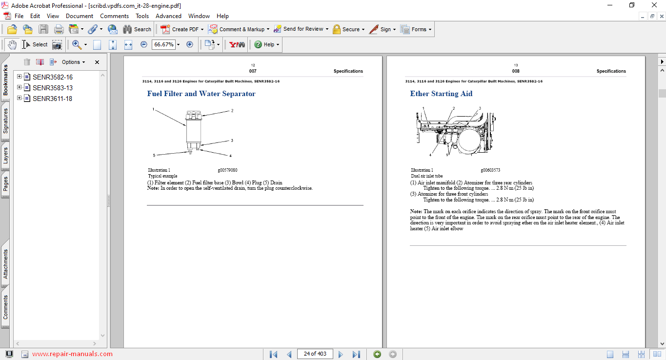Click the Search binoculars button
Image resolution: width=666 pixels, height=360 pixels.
[137, 29]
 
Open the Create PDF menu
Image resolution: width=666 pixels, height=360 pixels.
[182, 29]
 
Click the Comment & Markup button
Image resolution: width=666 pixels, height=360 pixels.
[239, 29]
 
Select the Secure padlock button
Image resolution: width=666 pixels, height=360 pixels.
[348, 29]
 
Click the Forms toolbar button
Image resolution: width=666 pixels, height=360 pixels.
[416, 29]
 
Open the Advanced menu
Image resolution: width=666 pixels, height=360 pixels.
[168, 16]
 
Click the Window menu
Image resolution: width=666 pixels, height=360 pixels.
[199, 16]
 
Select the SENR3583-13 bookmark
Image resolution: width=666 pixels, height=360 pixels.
[53, 88]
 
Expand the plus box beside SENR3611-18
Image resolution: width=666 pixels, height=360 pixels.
[20, 98]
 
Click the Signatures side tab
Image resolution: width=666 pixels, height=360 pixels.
[5, 121]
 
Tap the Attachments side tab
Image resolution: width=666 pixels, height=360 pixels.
[5, 264]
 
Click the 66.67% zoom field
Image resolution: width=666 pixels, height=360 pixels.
[163, 44]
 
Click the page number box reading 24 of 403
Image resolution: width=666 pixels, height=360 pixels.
[315, 354]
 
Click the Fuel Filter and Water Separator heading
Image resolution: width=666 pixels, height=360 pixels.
[202, 94]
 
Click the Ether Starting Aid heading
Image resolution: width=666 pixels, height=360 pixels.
[441, 94]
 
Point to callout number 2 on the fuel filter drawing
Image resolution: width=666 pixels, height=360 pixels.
[232, 111]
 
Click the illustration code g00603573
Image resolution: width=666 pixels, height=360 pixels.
[490, 170]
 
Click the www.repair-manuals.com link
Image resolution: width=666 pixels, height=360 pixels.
[72, 354]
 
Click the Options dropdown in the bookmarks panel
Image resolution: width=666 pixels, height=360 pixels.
[74, 62]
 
